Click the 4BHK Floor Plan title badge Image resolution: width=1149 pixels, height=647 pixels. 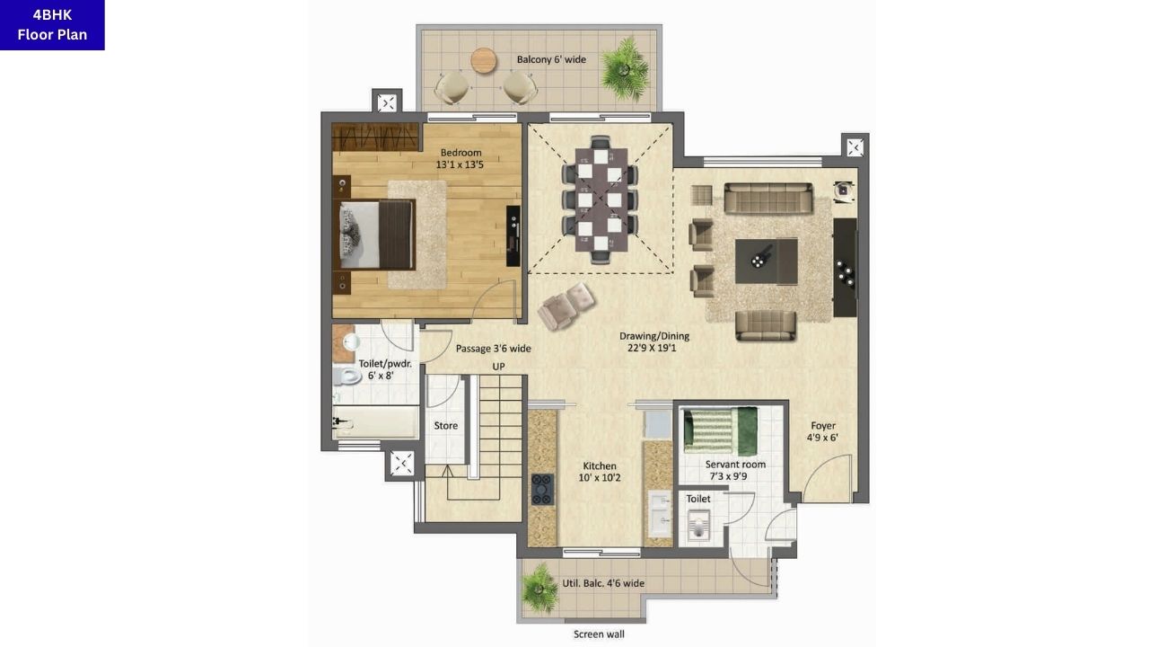tap(52, 25)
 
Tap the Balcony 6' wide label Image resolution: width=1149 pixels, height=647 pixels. tap(551, 60)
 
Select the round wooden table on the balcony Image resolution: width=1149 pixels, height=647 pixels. tap(483, 60)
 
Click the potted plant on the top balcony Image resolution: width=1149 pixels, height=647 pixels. tap(625, 67)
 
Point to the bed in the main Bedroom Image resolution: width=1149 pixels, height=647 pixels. tap(376, 235)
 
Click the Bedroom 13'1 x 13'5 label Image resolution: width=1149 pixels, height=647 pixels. tap(460, 158)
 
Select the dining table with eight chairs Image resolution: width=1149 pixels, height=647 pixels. tap(600, 199)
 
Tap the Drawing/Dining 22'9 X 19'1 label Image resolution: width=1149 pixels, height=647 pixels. tap(654, 342)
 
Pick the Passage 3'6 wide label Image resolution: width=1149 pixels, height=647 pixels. tap(493, 349)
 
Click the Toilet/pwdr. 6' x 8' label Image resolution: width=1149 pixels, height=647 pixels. tap(385, 369)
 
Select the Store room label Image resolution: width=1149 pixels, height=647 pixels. tap(446, 426)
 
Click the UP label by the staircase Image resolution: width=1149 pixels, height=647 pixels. tap(498, 367)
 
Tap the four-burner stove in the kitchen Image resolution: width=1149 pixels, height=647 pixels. tap(542, 489)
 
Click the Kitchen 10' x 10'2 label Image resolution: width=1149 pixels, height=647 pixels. tap(600, 472)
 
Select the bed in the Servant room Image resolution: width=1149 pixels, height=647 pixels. tap(720, 430)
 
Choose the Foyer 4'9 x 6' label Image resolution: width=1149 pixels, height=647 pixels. tap(822, 432)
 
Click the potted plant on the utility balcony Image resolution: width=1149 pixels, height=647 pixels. tap(540, 589)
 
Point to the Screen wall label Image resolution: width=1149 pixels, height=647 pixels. tap(599, 634)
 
